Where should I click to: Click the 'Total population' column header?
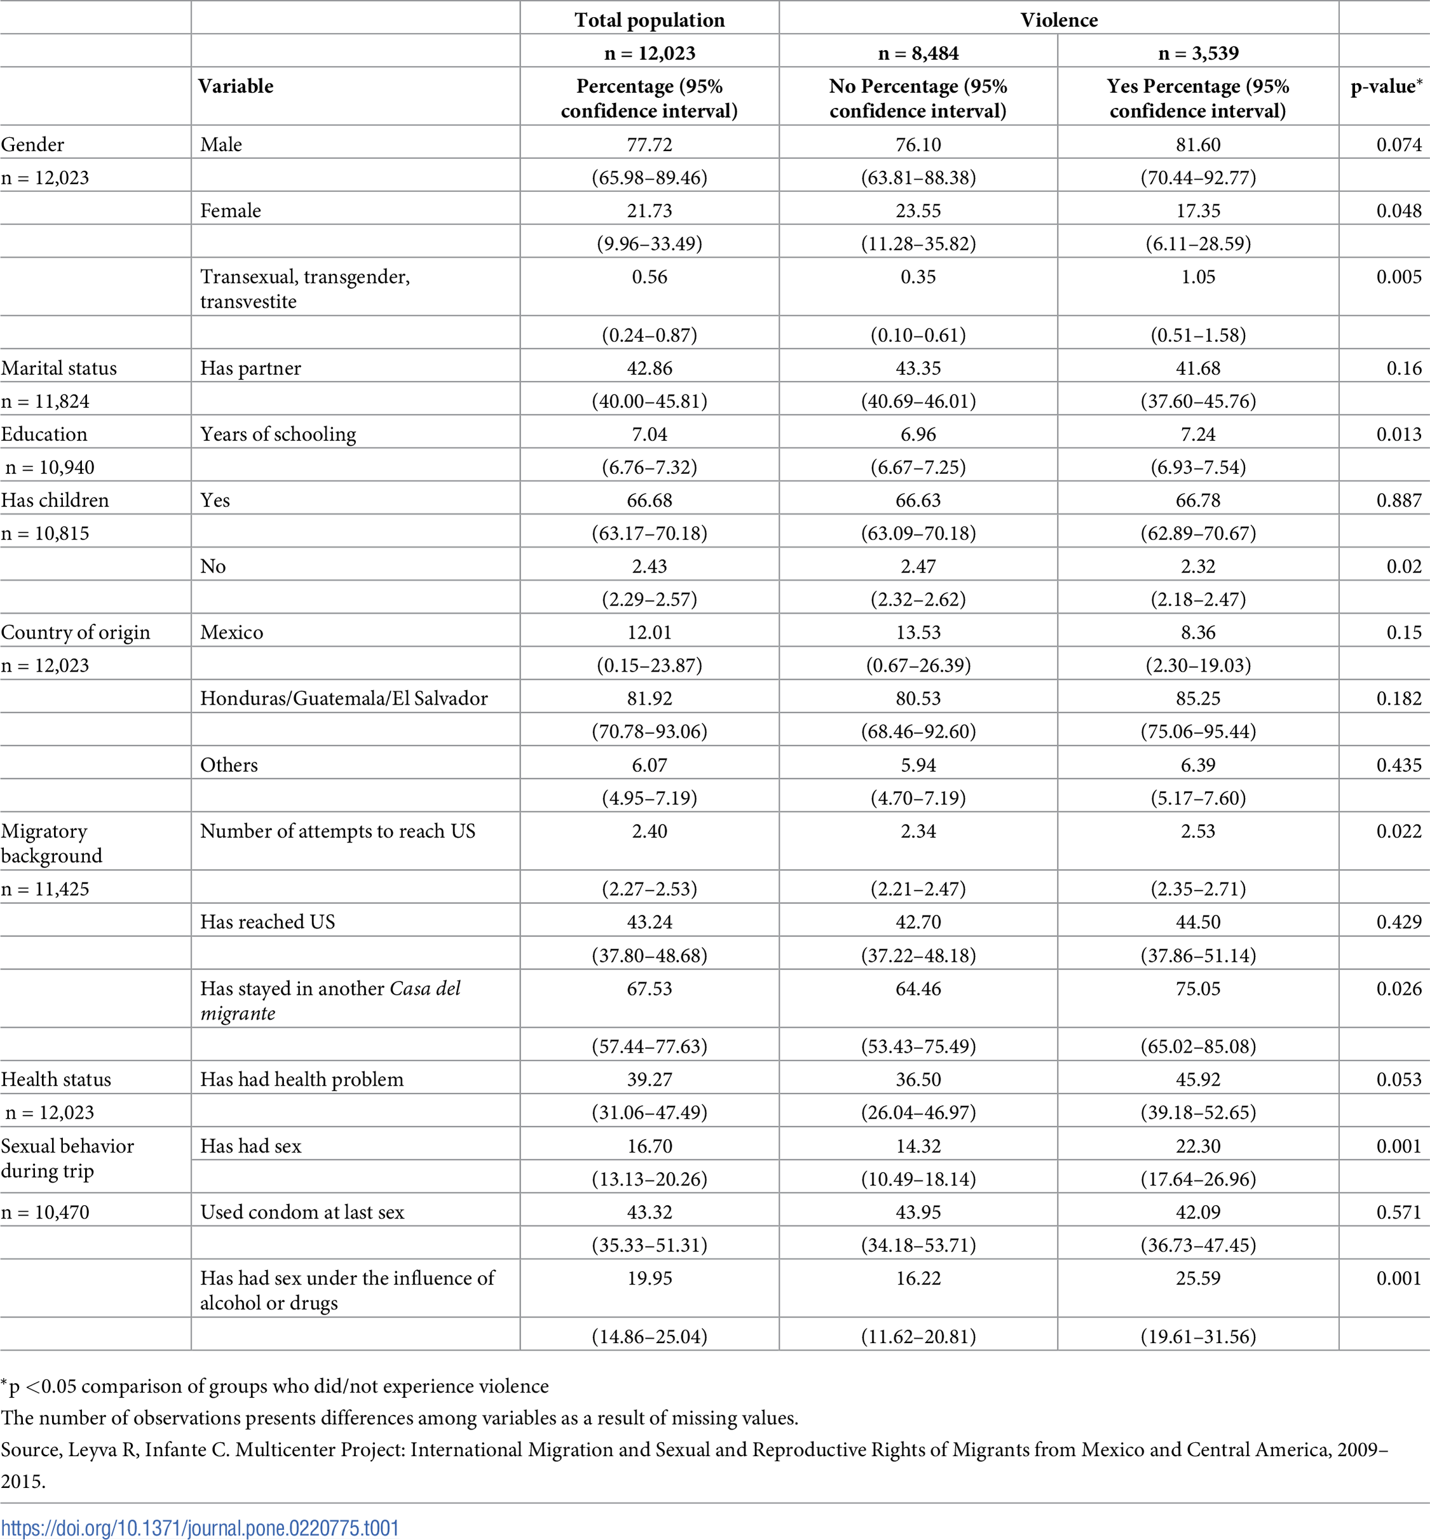click(650, 20)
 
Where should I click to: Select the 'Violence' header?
click(1059, 20)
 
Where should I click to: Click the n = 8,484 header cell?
click(918, 53)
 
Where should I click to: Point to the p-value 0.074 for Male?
click(1398, 145)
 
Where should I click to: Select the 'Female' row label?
click(231, 210)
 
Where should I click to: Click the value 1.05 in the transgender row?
click(1198, 277)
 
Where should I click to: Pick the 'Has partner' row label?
click(250, 368)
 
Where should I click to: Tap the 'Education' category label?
click(44, 434)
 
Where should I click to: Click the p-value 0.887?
click(1398, 501)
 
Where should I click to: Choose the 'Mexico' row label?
click(231, 633)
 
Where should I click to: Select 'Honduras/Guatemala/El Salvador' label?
click(344, 698)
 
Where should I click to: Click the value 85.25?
click(1198, 698)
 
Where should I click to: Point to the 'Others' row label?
click(229, 765)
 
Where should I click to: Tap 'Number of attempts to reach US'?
click(337, 832)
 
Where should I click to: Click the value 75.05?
click(1198, 989)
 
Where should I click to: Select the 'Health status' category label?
click(56, 1080)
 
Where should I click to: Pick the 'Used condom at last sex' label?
click(302, 1212)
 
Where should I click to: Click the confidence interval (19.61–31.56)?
click(1198, 1337)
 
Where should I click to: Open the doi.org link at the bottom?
click(200, 1529)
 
